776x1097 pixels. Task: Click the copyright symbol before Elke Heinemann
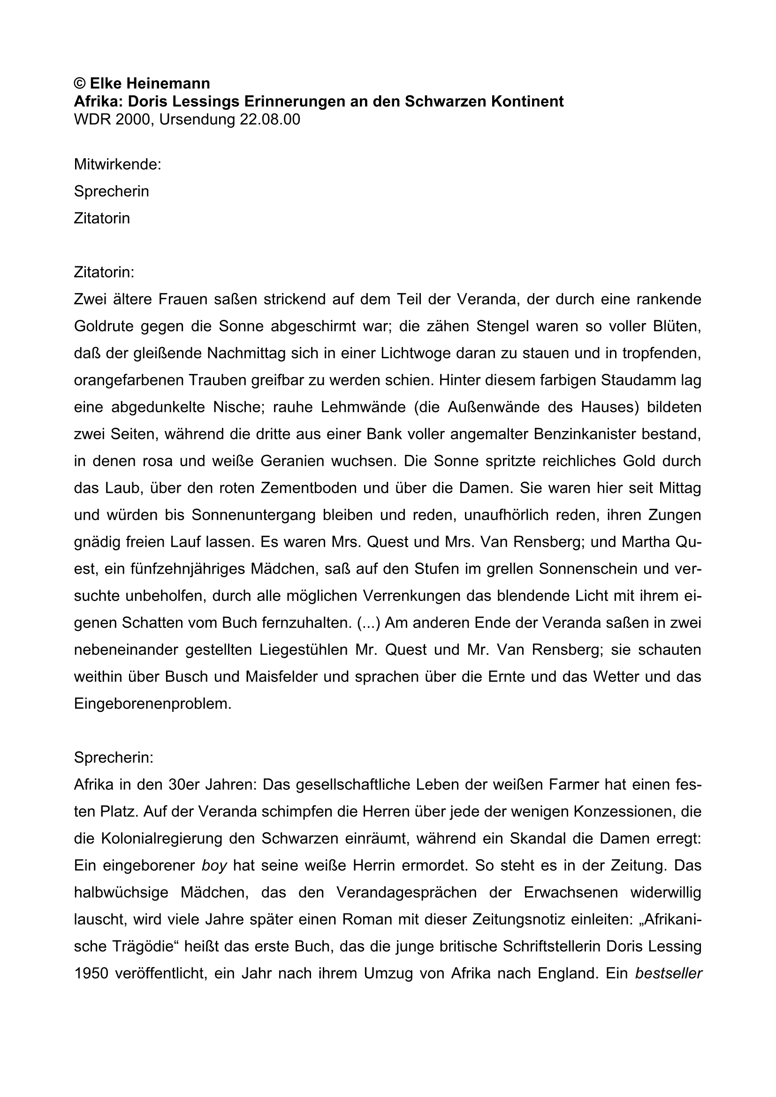click(x=79, y=83)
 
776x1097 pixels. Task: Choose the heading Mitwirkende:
click(x=118, y=164)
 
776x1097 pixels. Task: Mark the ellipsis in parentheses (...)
click(x=368, y=623)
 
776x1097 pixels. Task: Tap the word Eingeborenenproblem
click(x=152, y=704)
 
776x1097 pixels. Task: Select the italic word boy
click(x=214, y=866)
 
